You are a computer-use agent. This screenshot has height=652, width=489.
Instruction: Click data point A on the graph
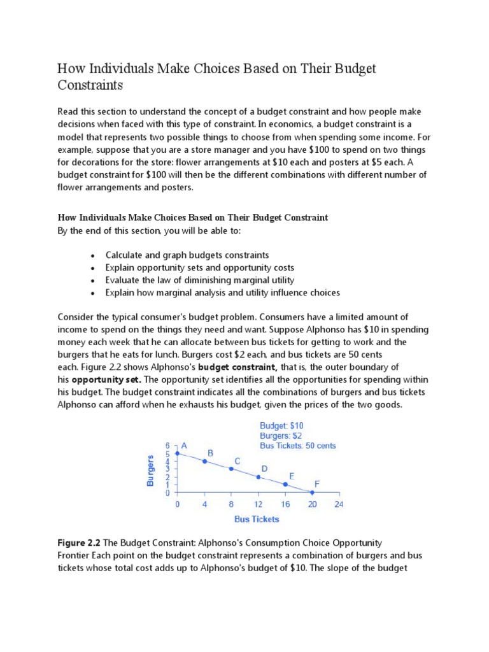click(178, 453)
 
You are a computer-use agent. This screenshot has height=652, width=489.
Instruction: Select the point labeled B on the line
click(204, 461)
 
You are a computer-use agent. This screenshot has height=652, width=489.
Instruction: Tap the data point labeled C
click(231, 469)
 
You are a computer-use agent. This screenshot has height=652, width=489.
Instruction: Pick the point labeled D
click(258, 477)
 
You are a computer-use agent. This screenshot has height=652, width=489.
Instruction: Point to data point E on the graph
click(285, 485)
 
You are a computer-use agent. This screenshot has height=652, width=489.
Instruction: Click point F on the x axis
click(312, 492)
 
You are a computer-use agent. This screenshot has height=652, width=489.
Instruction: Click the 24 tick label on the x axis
click(339, 504)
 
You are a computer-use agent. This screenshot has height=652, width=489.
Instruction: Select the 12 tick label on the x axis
click(258, 504)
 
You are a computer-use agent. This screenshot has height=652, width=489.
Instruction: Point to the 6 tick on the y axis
click(167, 446)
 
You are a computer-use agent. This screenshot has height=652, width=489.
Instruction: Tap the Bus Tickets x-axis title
click(257, 519)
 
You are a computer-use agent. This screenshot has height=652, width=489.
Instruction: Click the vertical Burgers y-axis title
click(150, 471)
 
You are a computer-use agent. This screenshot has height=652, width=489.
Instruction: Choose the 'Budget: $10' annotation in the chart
click(281, 425)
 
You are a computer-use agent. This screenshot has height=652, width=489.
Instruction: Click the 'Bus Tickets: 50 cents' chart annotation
click(298, 446)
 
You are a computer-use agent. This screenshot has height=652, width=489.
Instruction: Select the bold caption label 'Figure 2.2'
click(80, 542)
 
